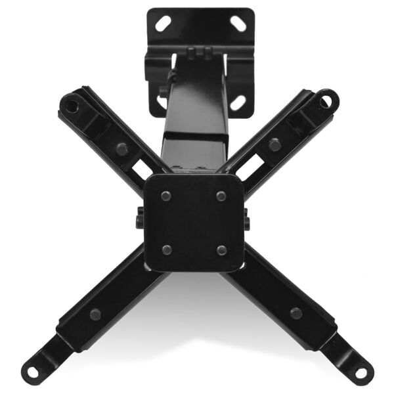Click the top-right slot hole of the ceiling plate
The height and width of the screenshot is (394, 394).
point(238,24)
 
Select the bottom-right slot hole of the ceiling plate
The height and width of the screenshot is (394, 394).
point(238,102)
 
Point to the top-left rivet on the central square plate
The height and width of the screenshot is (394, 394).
point(166,196)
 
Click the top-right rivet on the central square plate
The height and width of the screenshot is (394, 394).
point(221,196)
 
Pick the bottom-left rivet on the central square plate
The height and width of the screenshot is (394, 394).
point(166,250)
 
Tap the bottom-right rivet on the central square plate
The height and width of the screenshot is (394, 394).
point(222,250)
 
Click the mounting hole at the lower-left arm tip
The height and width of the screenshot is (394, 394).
point(33,372)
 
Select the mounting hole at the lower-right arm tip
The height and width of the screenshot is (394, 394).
point(361,372)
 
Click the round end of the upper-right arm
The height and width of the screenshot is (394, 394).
point(326,100)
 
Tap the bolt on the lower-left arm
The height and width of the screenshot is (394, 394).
point(96,314)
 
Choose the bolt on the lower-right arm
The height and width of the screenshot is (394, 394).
point(296,313)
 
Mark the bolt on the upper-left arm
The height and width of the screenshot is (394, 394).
point(121,148)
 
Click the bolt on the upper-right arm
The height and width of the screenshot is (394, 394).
point(275,144)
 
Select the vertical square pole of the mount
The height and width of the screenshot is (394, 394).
point(194,118)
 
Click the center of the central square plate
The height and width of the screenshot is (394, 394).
point(194,222)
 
